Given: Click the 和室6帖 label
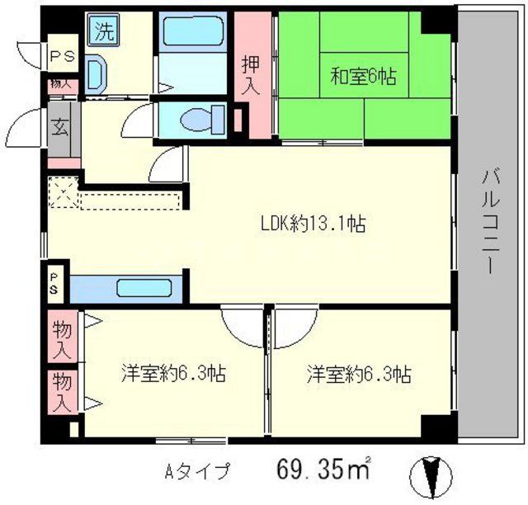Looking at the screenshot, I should pos(364,78).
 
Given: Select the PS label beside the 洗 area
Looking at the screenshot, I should pos(61,56).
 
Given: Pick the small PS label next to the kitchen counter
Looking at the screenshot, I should pos(53,285).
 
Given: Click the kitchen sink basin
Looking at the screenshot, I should pos(143,289).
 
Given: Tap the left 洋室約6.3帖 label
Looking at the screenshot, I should pos(172,373).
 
